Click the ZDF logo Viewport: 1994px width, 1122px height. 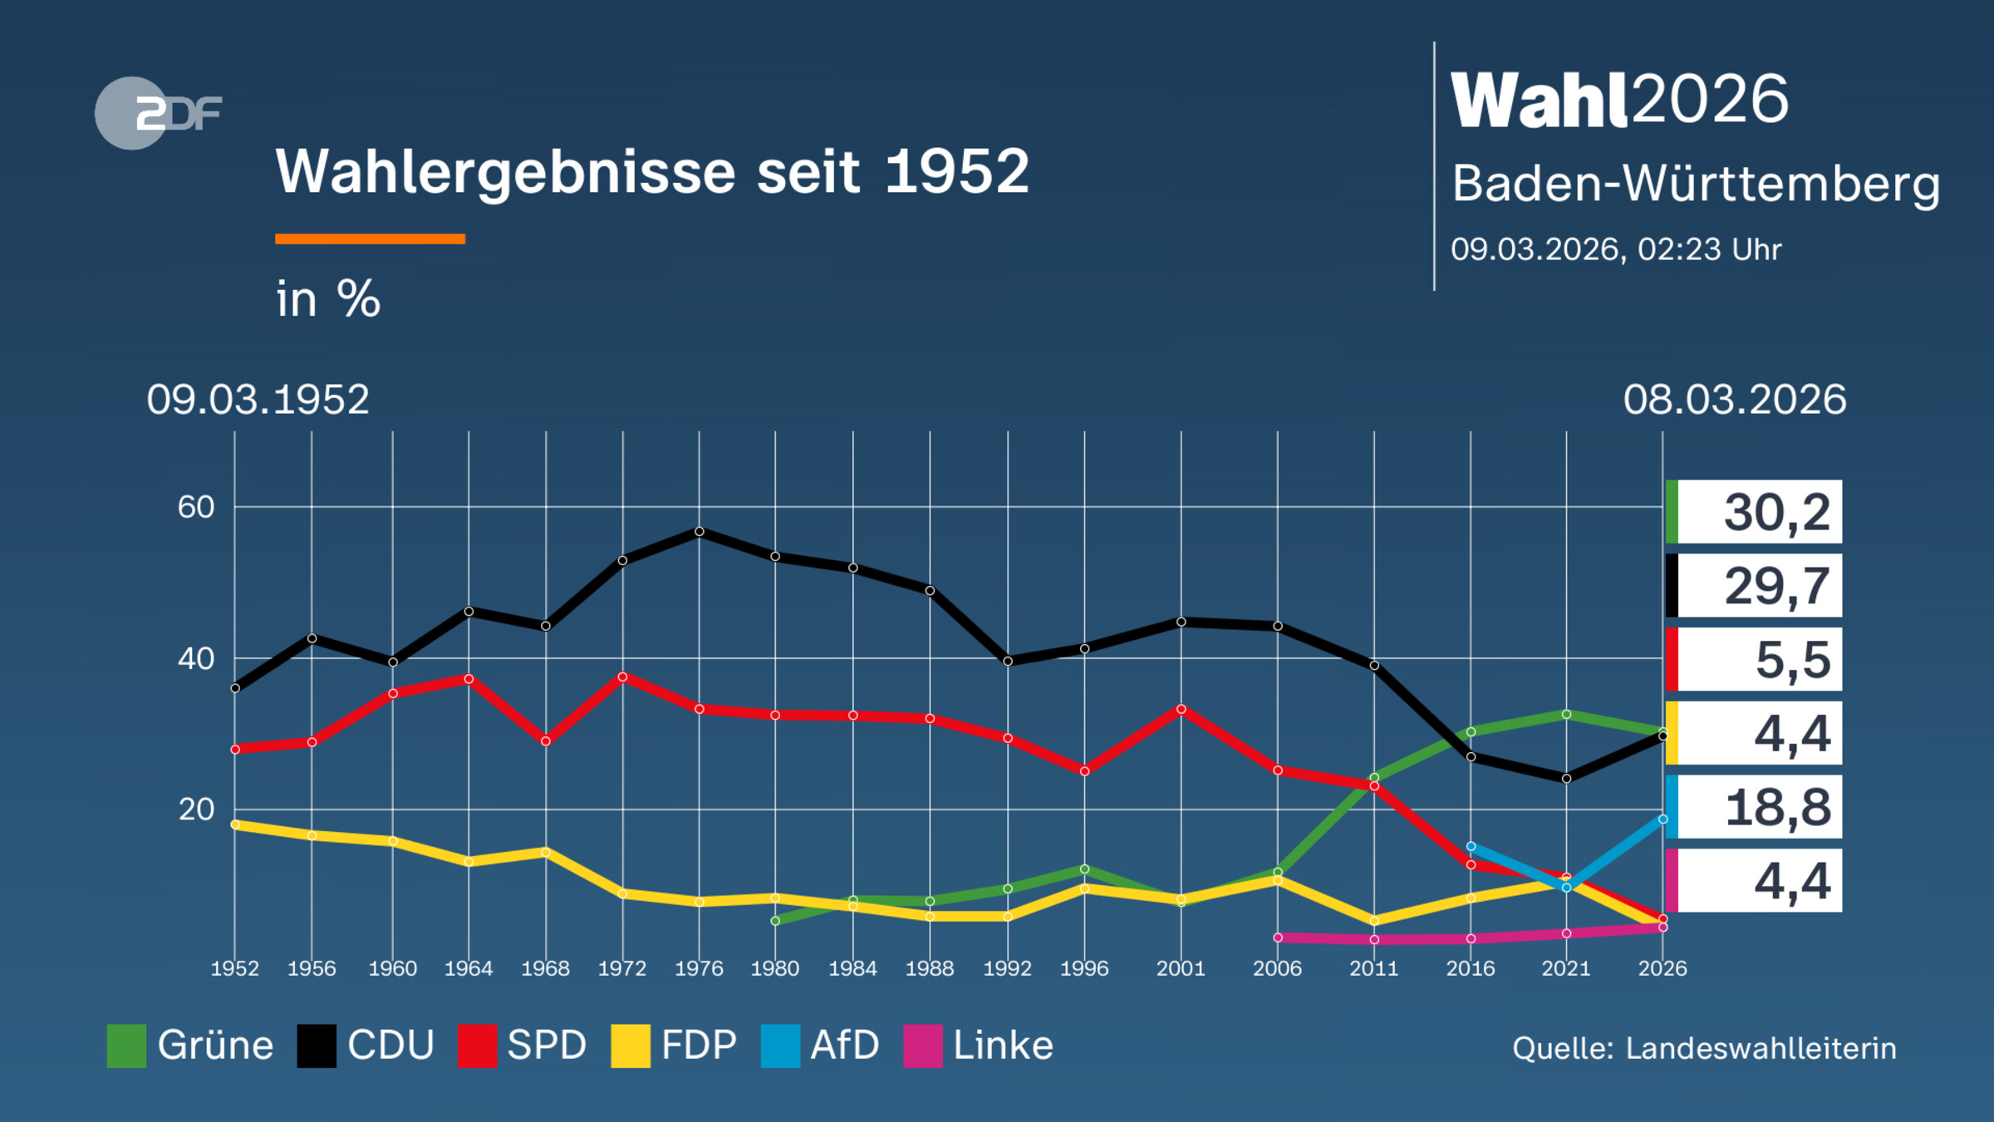coord(158,113)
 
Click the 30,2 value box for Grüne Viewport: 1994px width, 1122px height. coord(1755,512)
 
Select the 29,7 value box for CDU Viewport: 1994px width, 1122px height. coord(1755,586)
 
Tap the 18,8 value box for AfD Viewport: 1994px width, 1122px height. coord(1755,807)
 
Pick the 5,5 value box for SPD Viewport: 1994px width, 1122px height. coord(1755,660)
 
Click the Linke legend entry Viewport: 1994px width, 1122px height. coord(979,1046)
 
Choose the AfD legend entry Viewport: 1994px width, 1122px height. coord(821,1046)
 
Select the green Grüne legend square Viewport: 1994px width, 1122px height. coord(126,1046)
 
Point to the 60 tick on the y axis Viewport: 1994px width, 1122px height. coord(196,507)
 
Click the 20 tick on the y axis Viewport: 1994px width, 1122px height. coord(196,810)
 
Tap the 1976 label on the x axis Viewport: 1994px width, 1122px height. coord(699,968)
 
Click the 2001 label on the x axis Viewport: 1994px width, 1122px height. coord(1181,968)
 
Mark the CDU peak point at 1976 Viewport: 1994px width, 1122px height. coord(699,531)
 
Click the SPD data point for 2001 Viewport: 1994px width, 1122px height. coord(1181,709)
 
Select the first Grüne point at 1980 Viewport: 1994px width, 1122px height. coord(775,921)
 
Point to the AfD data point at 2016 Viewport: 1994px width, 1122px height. coord(1471,846)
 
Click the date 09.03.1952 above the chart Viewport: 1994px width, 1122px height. coord(258,400)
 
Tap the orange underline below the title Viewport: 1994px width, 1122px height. coord(370,239)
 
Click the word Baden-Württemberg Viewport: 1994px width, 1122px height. coord(1695,184)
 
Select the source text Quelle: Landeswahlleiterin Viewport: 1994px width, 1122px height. coord(1704,1049)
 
